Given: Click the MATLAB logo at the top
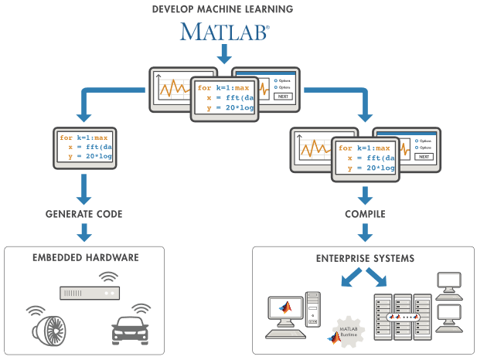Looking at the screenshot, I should point(225,32).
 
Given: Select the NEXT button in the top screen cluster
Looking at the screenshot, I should point(283,97).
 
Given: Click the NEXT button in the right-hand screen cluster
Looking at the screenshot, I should point(423,156).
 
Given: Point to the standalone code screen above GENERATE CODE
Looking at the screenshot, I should point(85,148).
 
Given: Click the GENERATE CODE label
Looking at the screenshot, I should point(85,213).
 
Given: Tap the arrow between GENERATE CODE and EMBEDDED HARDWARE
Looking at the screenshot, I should point(85,233).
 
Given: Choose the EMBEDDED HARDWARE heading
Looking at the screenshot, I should point(85,257).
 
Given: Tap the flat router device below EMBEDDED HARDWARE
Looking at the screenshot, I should point(89,294).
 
